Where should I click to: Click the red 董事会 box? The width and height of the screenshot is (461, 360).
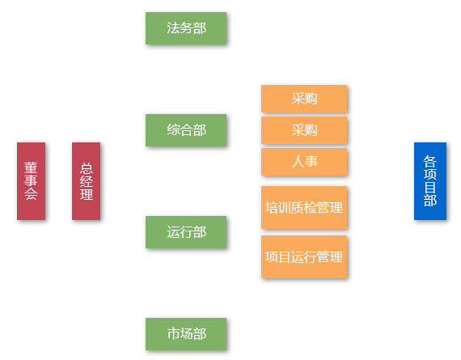[x=32, y=181]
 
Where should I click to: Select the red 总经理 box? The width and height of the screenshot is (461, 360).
[x=87, y=181]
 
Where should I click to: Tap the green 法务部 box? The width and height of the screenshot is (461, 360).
[x=186, y=28]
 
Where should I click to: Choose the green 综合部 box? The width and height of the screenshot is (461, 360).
[x=186, y=130]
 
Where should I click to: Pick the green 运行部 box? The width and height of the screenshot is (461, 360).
[x=186, y=232]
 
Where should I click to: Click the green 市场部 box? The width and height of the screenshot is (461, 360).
[x=186, y=334]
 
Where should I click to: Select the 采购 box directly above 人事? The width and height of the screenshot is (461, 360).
[x=304, y=130]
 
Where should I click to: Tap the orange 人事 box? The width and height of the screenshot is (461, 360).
[x=304, y=162]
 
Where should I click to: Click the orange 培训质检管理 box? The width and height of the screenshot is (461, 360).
[x=304, y=207]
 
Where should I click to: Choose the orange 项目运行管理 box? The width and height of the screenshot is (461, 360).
[x=304, y=256]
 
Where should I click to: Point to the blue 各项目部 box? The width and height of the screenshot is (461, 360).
[x=430, y=181]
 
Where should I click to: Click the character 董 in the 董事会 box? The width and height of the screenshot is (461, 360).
[x=31, y=167]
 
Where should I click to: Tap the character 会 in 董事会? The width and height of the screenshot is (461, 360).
[x=31, y=194]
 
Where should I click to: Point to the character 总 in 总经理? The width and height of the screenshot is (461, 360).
[x=87, y=168]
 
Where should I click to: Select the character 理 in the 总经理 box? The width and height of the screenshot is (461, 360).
[x=87, y=194]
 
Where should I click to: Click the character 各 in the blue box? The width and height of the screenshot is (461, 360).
[x=429, y=162]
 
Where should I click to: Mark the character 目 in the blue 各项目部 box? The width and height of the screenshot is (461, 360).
[x=429, y=188]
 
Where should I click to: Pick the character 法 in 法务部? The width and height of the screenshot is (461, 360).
[x=173, y=28]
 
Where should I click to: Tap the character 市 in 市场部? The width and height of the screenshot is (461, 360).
[x=173, y=334]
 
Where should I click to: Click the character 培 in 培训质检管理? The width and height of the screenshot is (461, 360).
[x=272, y=207]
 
